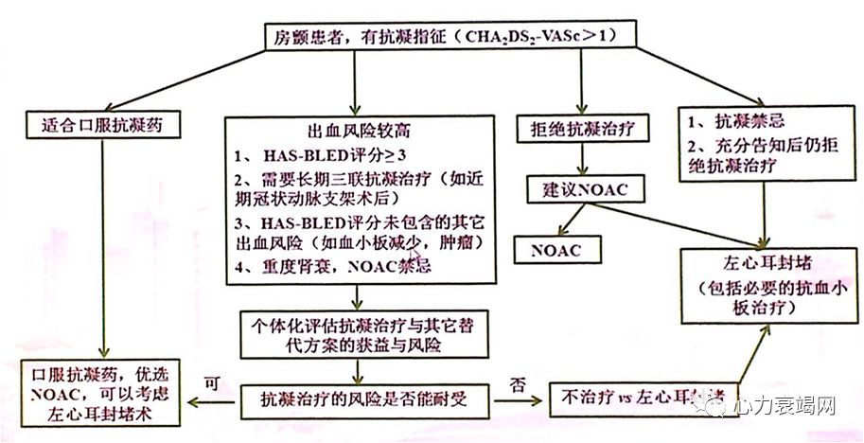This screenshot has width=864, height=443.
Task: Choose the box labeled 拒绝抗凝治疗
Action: click(x=579, y=127)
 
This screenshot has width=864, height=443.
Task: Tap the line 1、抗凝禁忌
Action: click(x=734, y=122)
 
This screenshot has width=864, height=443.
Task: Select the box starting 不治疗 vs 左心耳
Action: click(x=644, y=397)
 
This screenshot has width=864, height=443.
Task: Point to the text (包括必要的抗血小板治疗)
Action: click(x=766, y=297)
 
